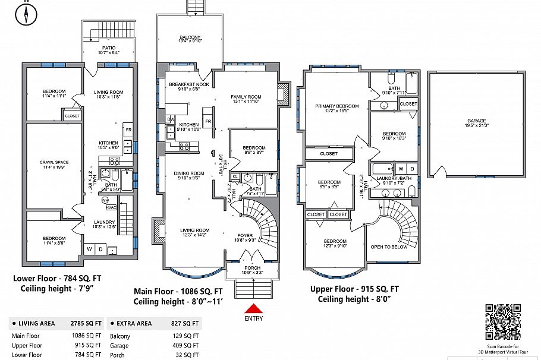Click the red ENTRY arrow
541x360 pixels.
[x=253, y=309]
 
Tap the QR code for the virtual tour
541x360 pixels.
[x=503, y=321]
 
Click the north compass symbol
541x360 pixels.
[x=26, y=14]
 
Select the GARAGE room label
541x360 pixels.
[x=476, y=121]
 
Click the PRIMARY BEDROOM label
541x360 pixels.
[x=336, y=106]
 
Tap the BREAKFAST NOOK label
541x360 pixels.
[x=188, y=85]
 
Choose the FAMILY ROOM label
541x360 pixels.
[x=246, y=97]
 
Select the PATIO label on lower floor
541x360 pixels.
[x=108, y=48]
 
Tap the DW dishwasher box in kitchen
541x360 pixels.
[x=170, y=119]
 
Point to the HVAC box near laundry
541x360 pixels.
[x=111, y=207]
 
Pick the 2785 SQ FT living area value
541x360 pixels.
[x=86, y=323]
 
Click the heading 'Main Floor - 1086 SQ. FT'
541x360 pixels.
[x=178, y=292]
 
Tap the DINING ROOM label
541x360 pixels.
[x=188, y=173]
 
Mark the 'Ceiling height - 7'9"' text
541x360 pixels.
[x=54, y=289]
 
